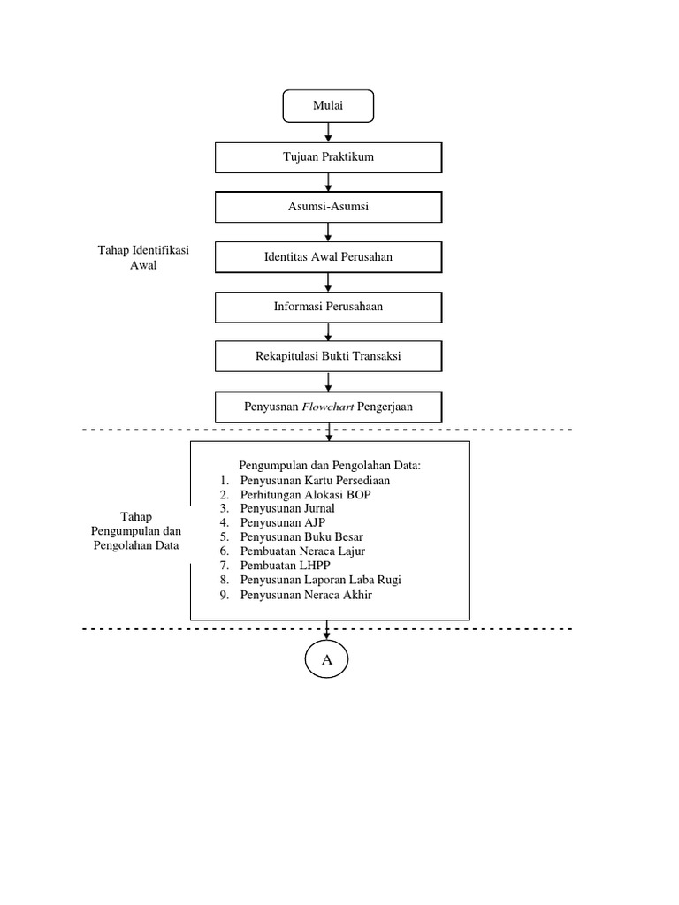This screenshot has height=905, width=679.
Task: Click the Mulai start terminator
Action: tap(328, 106)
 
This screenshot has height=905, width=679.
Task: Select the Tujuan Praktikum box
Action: tap(329, 157)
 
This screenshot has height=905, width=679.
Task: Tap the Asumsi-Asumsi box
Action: tap(329, 207)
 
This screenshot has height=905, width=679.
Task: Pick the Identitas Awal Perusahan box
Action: tap(329, 257)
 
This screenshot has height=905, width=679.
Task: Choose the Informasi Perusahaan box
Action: tap(329, 307)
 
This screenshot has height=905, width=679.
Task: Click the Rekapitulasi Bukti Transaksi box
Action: tap(329, 357)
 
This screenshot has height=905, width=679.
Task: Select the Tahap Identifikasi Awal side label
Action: tap(142, 258)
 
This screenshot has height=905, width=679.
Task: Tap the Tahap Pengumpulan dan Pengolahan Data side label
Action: tap(135, 531)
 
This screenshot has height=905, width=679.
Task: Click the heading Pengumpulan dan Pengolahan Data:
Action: tap(331, 465)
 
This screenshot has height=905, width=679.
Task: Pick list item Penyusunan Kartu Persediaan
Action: tap(315, 480)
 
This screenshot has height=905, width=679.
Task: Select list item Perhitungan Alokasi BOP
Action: tap(305, 494)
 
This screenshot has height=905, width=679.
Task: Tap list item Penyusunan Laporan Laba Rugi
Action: tap(326, 580)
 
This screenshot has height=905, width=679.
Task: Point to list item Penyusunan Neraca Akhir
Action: tap(306, 595)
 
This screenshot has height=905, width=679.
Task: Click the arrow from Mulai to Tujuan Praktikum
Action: tap(329, 132)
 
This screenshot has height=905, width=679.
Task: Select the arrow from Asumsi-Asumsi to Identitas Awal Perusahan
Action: tap(329, 232)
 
